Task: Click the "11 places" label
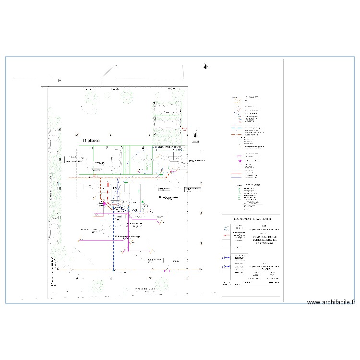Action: click(90, 141)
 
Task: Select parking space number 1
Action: click(93, 148)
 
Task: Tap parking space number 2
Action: click(107, 148)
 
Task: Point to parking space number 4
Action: click(143, 148)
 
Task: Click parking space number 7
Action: click(154, 104)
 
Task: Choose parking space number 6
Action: click(154, 118)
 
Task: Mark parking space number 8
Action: click(60, 130)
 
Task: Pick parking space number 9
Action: click(60, 159)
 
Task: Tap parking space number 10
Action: click(60, 189)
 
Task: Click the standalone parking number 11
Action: click(60, 218)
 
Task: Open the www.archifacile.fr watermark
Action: click(331, 302)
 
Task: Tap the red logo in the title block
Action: click(226, 236)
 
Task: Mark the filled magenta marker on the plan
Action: click(103, 204)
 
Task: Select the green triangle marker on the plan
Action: click(126, 182)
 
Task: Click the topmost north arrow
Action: click(205, 67)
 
